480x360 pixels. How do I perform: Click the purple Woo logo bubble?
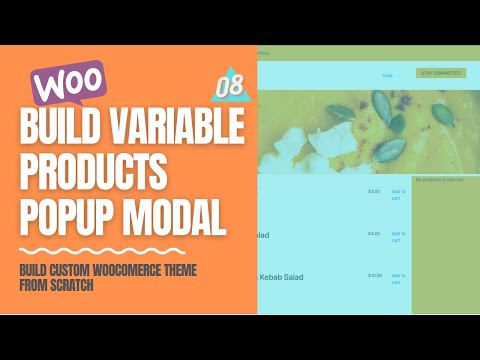pos(69,80)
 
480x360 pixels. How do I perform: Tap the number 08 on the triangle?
pos(229,86)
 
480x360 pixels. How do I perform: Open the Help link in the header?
pos(387,75)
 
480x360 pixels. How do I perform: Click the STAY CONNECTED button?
pos(440,73)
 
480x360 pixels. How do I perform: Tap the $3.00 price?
pos(374,191)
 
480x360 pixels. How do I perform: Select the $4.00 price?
pos(374,234)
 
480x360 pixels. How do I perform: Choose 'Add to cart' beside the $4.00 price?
pos(398,237)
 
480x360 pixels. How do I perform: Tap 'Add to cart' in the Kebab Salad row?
pos(398,278)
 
